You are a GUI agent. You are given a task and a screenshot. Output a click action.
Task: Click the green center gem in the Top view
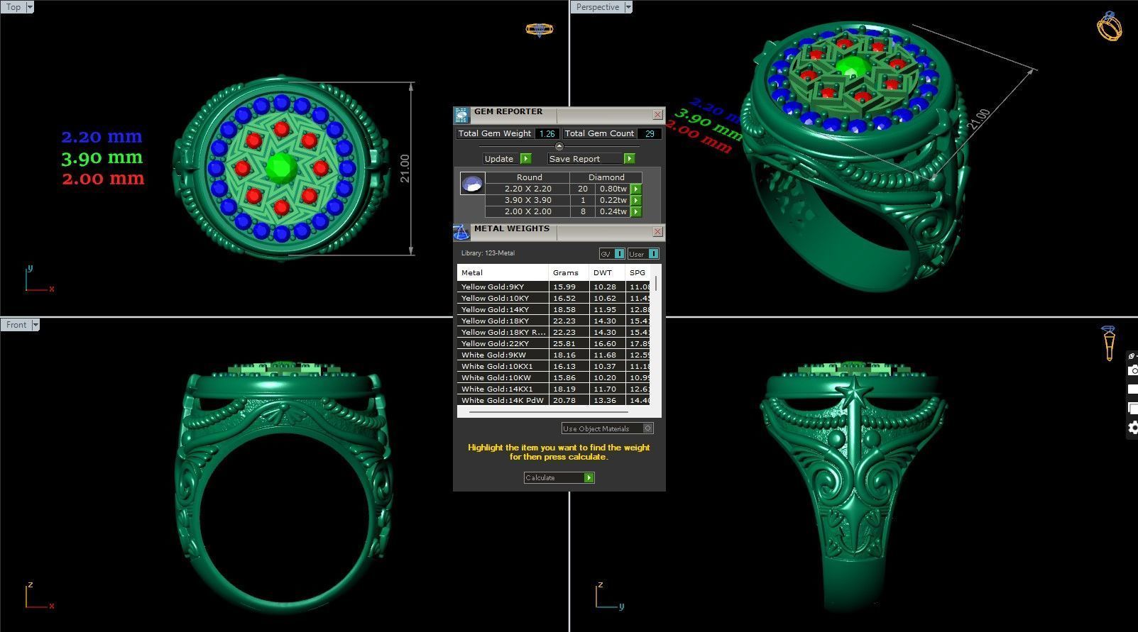pyautogui.click(x=282, y=167)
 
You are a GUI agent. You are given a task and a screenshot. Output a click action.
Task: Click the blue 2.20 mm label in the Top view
pyautogui.click(x=102, y=136)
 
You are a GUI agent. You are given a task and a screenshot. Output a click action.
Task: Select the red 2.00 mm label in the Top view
pyautogui.click(x=103, y=179)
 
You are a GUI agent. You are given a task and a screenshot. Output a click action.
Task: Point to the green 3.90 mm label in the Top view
pyautogui.click(x=102, y=157)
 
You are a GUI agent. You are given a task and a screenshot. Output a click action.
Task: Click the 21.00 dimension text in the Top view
pyautogui.click(x=405, y=168)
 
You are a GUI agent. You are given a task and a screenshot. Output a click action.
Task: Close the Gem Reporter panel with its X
pyautogui.click(x=657, y=114)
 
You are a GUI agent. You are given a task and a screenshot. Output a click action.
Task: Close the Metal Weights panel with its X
pyautogui.click(x=657, y=231)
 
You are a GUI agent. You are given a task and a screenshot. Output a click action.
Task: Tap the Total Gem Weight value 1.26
pyautogui.click(x=547, y=133)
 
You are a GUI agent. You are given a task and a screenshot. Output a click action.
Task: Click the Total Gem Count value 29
pyautogui.click(x=650, y=133)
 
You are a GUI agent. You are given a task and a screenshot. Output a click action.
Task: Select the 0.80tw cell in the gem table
pyautogui.click(x=613, y=189)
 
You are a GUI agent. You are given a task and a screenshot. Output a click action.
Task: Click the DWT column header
pyautogui.click(x=603, y=272)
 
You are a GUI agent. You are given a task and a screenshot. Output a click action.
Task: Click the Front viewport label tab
pyautogui.click(x=16, y=325)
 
